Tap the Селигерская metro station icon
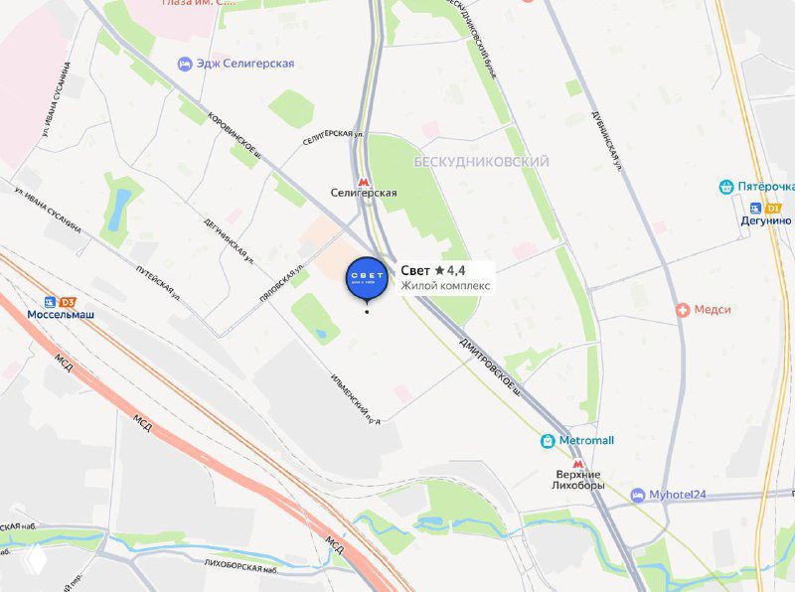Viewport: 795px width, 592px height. pos(365,178)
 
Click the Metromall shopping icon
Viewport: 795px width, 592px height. pos(548,440)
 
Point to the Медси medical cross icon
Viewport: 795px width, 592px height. pos(683,310)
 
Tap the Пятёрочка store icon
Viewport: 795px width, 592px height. pos(726,187)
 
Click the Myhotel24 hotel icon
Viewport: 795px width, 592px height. pos(637,495)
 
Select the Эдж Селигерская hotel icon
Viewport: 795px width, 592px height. pos(185,64)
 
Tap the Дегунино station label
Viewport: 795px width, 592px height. pos(765,221)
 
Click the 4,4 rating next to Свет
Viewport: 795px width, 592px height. pos(456,270)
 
